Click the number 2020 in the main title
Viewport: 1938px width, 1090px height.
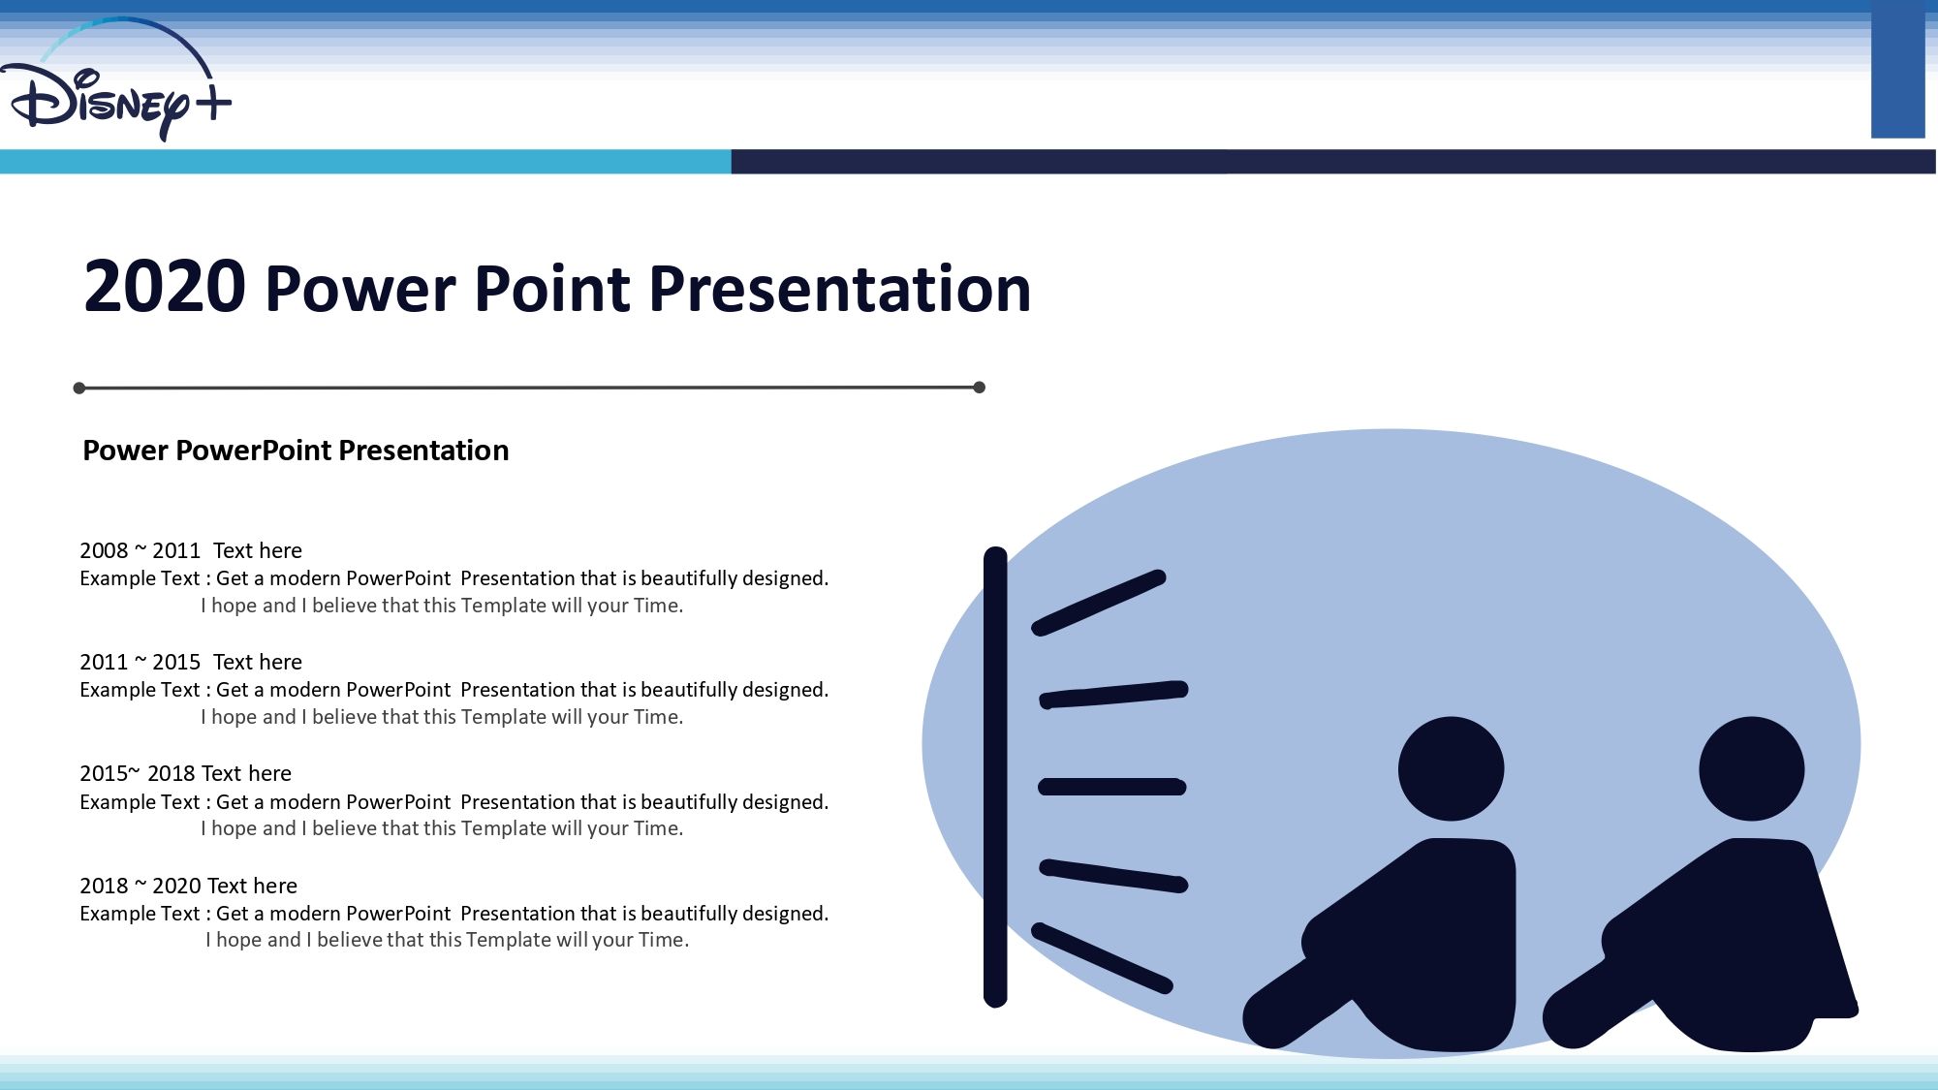pyautogui.click(x=165, y=287)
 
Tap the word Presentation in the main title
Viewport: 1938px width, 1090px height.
pyautogui.click(x=839, y=289)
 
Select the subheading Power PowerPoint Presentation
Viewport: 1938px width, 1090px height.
pyautogui.click(x=296, y=451)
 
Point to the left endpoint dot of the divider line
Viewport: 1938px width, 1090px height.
pyautogui.click(x=79, y=389)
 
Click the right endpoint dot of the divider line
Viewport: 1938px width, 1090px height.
pyautogui.click(x=979, y=388)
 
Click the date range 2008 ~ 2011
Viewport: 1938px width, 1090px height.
pyautogui.click(x=140, y=551)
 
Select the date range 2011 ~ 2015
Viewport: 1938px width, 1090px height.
pyautogui.click(x=140, y=663)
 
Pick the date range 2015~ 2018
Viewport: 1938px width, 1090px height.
pyautogui.click(x=138, y=774)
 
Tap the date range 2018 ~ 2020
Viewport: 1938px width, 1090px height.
pyautogui.click(x=140, y=887)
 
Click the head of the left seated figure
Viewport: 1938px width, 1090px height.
pyautogui.click(x=1451, y=769)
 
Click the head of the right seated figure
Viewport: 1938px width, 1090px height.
pyautogui.click(x=1751, y=769)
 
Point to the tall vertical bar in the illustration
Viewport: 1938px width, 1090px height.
pyautogui.click(x=995, y=777)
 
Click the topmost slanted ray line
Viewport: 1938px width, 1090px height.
pyautogui.click(x=1099, y=603)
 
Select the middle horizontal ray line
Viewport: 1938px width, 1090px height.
pyautogui.click(x=1112, y=787)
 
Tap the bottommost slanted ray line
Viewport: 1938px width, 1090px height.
pyautogui.click(x=1102, y=958)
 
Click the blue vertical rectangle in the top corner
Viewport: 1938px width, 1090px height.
pyautogui.click(x=1897, y=69)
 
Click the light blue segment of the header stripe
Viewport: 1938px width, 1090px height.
pyautogui.click(x=365, y=162)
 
